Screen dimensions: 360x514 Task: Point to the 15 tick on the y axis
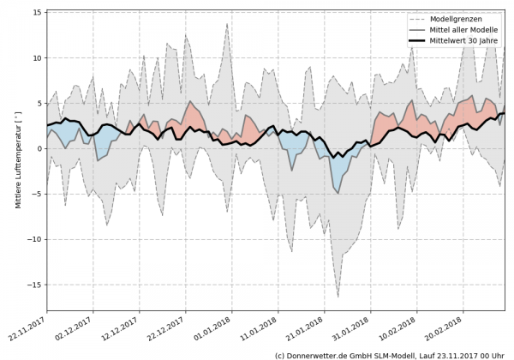point(38,13)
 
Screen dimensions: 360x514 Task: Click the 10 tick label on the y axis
point(38,58)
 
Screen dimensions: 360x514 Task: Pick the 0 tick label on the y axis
point(39,148)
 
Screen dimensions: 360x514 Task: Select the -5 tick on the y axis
point(37,194)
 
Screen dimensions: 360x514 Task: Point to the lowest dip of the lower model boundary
point(338,297)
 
